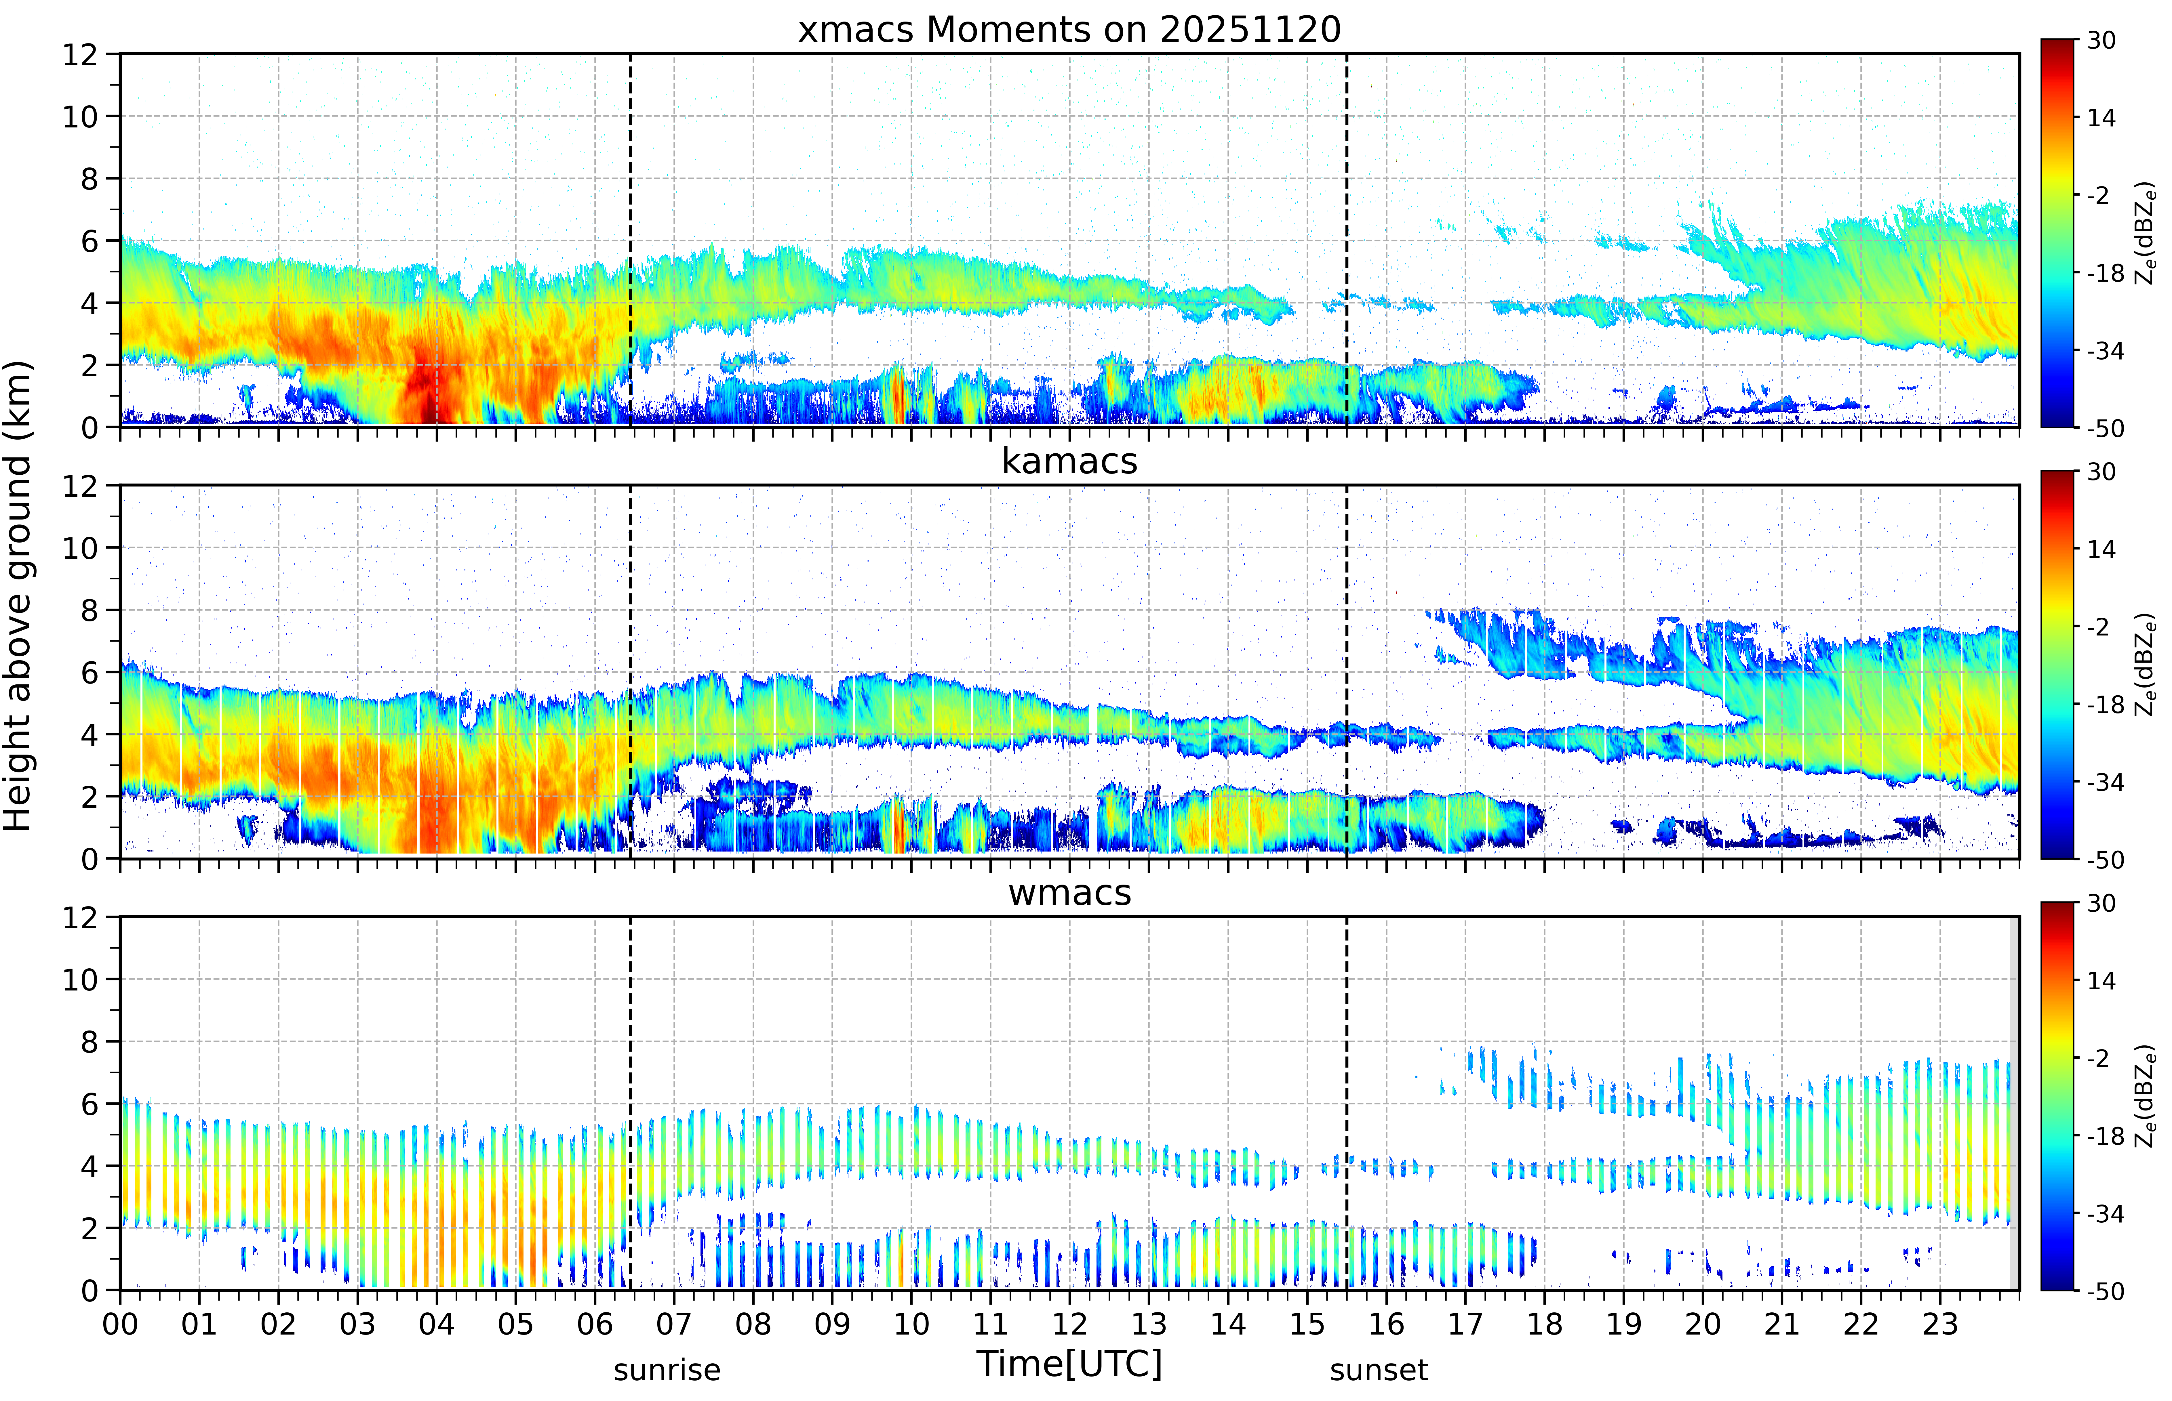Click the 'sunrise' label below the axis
tap(667, 1369)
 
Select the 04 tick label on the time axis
tap(437, 1324)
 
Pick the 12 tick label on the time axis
tap(1070, 1324)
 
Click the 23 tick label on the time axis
tap(1940, 1324)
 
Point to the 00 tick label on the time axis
tap(120, 1324)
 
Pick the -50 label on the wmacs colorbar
tap(2106, 1291)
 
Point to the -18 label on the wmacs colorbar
tap(2106, 1136)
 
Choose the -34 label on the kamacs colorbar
tap(2106, 782)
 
